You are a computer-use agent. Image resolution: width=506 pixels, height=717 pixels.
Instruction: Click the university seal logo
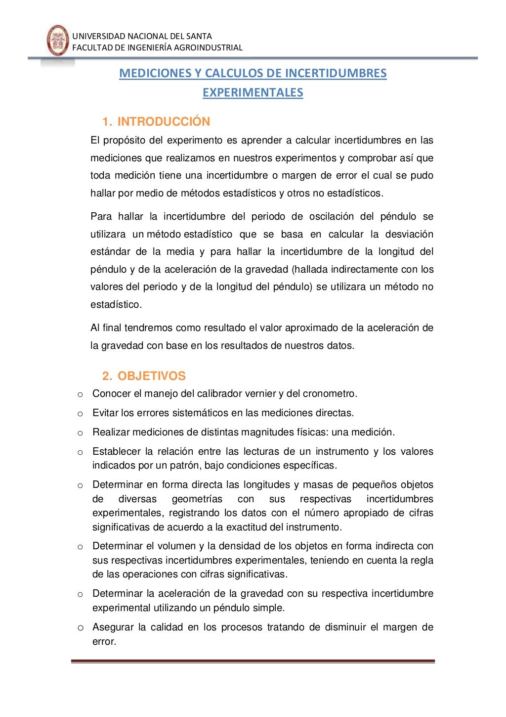(57, 41)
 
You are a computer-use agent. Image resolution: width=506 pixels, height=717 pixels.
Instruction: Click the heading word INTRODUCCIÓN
(164, 122)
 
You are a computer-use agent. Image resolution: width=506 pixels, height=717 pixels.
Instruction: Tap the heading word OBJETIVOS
(151, 376)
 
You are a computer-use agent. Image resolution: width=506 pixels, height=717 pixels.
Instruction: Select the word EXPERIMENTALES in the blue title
(253, 93)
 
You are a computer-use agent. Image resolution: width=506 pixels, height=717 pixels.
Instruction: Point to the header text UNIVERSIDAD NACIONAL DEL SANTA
(142, 36)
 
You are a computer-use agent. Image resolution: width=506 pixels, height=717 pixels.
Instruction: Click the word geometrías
(197, 499)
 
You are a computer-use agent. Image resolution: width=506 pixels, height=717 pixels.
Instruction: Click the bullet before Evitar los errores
(80, 414)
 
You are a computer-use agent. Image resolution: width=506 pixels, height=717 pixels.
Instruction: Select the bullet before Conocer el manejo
(80, 394)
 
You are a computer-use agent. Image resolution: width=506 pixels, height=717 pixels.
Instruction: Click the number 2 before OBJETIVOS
(106, 376)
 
